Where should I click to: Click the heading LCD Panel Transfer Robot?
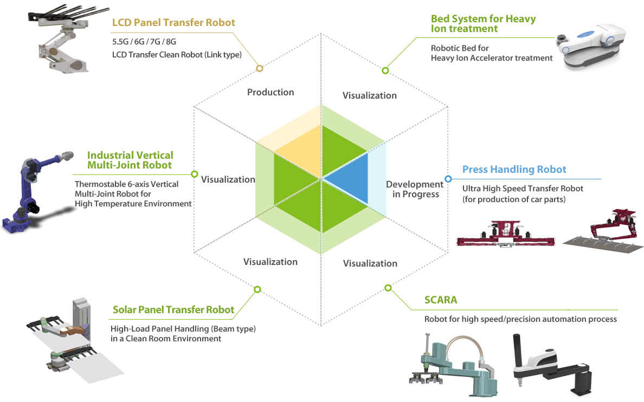coord(173,23)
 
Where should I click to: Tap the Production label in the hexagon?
coord(271,92)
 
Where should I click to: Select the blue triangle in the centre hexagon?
coord(350,178)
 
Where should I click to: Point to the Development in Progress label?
coord(414,189)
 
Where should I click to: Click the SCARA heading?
coord(441,300)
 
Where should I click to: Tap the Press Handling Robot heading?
coord(514,170)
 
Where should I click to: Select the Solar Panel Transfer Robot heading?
coord(173,310)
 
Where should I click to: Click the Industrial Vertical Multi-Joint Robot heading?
coord(130,160)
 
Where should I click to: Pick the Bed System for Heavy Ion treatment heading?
coord(483,23)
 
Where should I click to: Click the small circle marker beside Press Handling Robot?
coord(448,179)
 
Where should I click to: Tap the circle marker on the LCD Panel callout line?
coord(259,68)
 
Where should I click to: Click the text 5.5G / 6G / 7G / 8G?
coord(144,41)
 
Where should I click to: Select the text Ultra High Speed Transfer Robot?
coord(523,189)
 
